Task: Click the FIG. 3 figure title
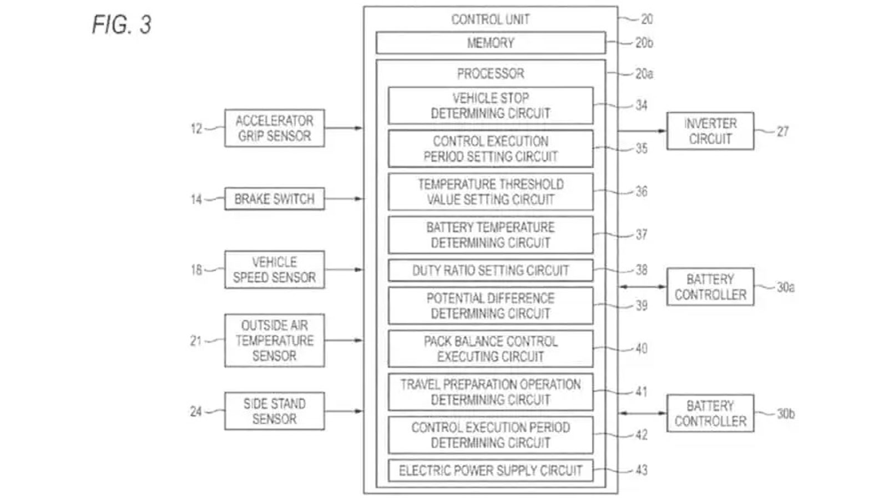pyautogui.click(x=122, y=24)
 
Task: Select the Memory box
pyautogui.click(x=491, y=43)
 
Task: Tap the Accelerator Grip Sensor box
pyautogui.click(x=274, y=128)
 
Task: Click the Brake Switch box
pyautogui.click(x=274, y=199)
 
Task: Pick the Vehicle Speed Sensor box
pyautogui.click(x=274, y=269)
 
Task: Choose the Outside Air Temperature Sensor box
pyautogui.click(x=274, y=341)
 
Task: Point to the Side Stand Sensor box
pyautogui.click(x=274, y=411)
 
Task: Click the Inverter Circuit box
pyautogui.click(x=710, y=131)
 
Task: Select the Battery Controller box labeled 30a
pyautogui.click(x=710, y=287)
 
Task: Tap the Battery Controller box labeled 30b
pyautogui.click(x=710, y=413)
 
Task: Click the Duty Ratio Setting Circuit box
pyautogui.click(x=491, y=271)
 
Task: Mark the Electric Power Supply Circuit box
pyautogui.click(x=491, y=471)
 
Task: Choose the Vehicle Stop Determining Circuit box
pyautogui.click(x=491, y=106)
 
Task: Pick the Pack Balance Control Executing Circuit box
pyautogui.click(x=491, y=349)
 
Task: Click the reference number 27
pyautogui.click(x=783, y=131)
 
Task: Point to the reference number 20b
pyautogui.click(x=644, y=43)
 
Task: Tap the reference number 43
pyautogui.click(x=642, y=470)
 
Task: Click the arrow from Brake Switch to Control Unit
pyautogui.click(x=344, y=199)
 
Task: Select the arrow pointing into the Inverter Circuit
pyautogui.click(x=642, y=131)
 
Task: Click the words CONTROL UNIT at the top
pyautogui.click(x=491, y=19)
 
